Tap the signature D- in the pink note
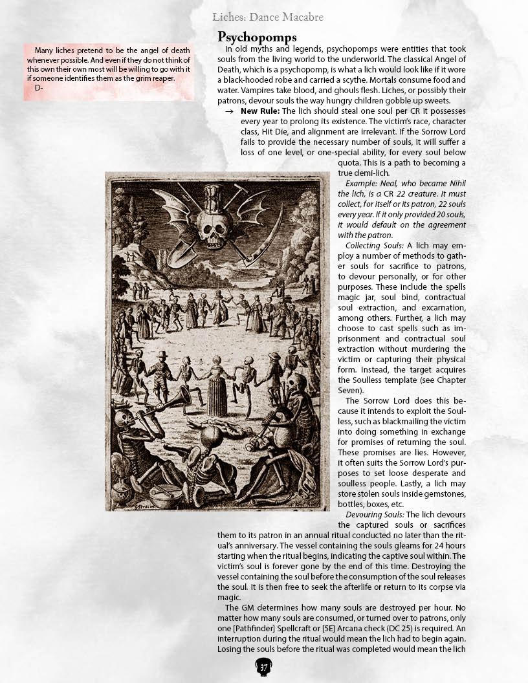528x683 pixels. (x=38, y=88)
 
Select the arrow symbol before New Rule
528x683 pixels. (x=229, y=111)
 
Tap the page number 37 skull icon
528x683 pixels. (x=263, y=667)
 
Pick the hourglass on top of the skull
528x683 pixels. (x=215, y=197)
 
